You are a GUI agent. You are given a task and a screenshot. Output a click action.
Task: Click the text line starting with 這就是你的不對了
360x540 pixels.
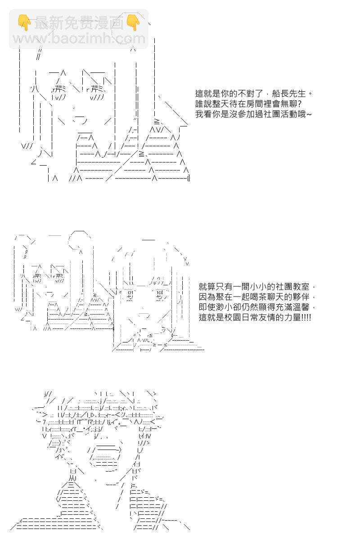(254, 94)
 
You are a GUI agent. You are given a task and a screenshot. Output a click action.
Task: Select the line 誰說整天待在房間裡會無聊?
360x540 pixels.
(248, 104)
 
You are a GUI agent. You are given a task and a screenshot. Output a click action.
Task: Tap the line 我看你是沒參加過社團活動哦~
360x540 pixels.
(253, 114)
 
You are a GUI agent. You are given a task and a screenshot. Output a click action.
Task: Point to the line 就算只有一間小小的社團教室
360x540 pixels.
(257, 287)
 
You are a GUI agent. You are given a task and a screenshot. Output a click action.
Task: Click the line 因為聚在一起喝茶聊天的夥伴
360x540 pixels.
(257, 297)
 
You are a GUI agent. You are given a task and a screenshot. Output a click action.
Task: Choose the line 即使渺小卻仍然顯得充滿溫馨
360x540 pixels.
(257, 307)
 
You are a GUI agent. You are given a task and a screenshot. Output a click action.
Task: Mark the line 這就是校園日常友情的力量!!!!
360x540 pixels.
(255, 317)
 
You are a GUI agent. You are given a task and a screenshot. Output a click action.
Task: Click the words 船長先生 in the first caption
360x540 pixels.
(289, 94)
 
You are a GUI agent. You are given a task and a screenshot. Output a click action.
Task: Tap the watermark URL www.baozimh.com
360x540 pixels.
(79, 39)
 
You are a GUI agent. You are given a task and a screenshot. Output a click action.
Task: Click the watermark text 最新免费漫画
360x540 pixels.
(79, 23)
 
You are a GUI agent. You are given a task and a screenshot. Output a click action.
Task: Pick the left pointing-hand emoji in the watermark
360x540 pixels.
(24, 22)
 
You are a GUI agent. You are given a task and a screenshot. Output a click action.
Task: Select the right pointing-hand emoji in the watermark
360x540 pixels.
(133, 22)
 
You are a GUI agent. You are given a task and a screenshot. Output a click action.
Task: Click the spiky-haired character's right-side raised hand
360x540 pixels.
(147, 501)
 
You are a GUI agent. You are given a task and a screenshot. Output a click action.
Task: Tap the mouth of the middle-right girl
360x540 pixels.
(144, 315)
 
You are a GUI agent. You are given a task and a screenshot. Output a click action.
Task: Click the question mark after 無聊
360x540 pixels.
(299, 104)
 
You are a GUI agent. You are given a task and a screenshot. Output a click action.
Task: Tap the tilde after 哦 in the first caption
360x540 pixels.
(309, 114)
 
